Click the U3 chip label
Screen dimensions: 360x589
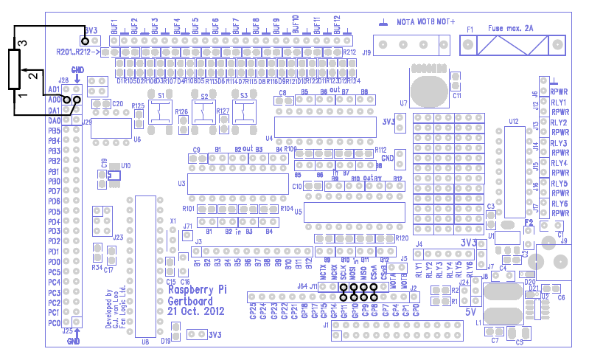181,183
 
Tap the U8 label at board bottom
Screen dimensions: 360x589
144,341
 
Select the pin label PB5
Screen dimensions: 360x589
54,131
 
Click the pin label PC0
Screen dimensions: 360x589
54,323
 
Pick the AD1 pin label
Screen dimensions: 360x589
54,89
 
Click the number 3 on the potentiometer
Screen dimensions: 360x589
22,44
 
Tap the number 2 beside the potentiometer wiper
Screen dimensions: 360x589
32,75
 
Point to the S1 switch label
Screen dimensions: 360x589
161,96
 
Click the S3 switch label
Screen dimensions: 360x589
244,95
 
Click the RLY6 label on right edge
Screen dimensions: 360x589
558,203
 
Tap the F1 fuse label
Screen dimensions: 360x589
470,29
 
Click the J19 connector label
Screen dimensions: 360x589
366,52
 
